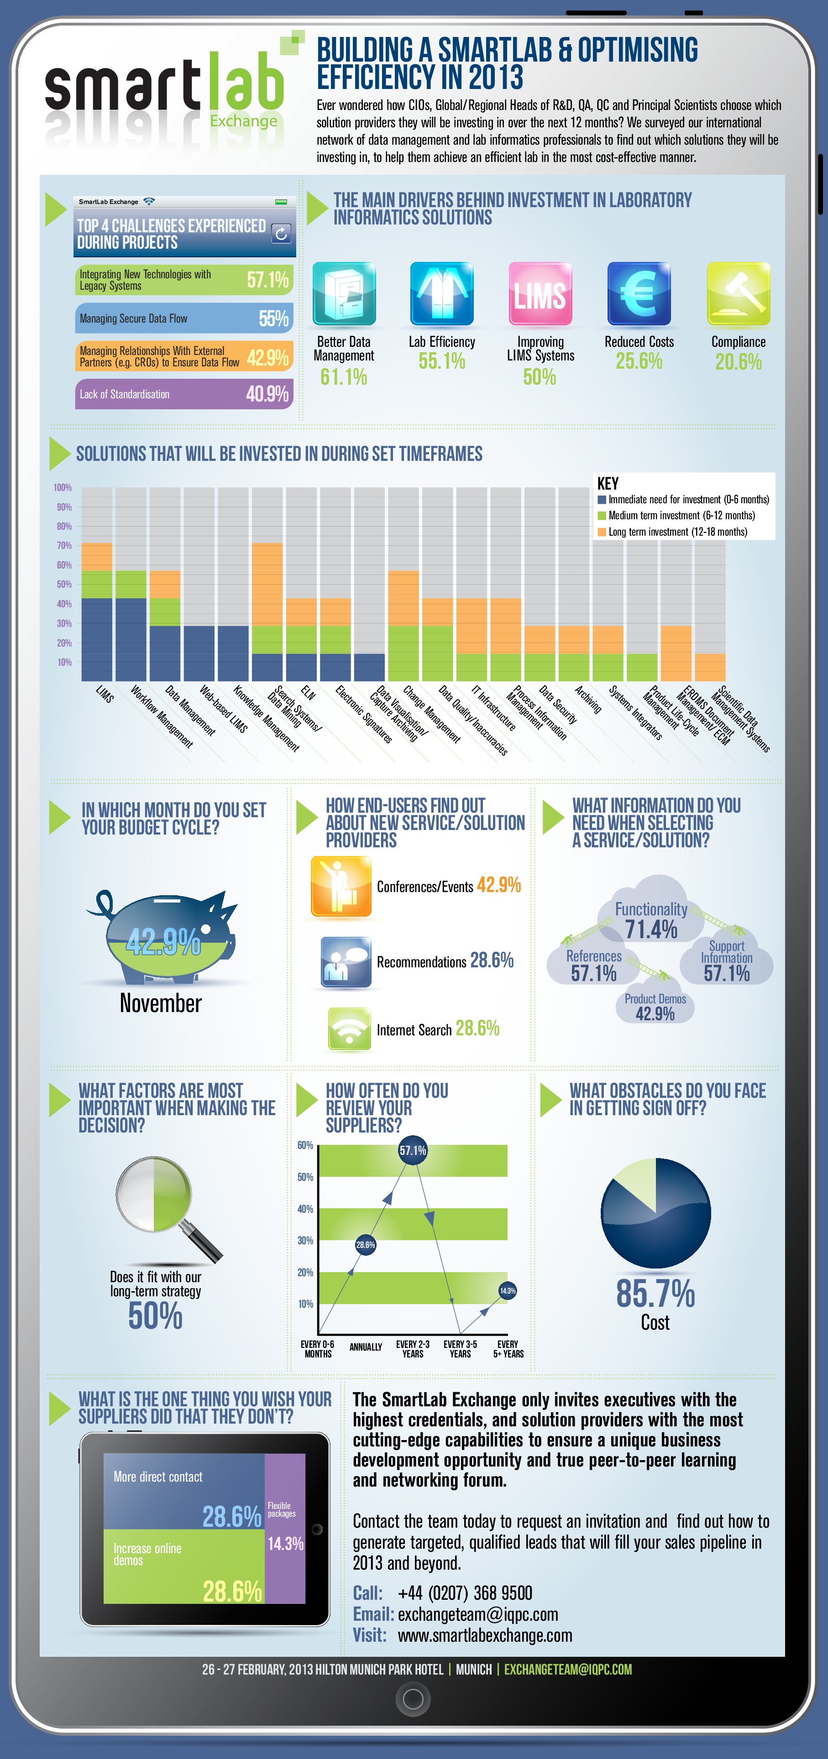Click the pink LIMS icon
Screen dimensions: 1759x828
540,294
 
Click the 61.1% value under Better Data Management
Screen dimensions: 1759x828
344,376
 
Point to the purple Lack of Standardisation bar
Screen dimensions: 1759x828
184,394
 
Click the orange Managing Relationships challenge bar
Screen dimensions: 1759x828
184,356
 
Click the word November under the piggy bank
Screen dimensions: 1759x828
161,1003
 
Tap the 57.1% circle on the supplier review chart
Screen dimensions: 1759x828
413,1150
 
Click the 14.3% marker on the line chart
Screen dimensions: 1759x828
508,1290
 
